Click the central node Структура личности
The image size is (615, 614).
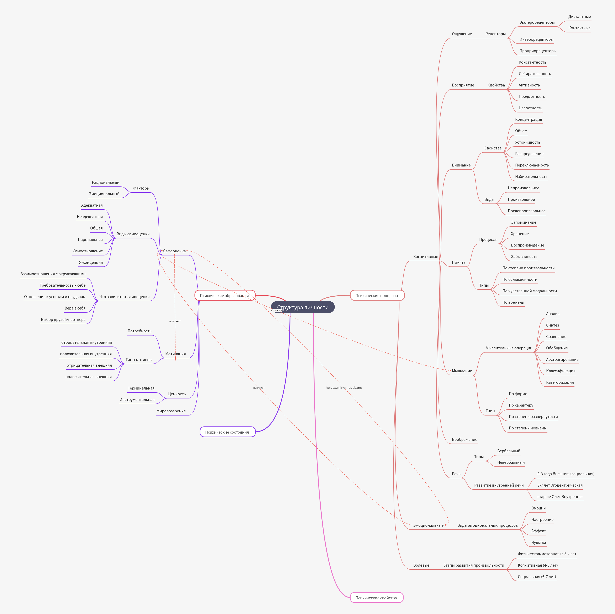point(303,307)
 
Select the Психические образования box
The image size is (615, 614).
point(224,295)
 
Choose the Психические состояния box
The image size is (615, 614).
point(227,432)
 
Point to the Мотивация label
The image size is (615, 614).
point(175,354)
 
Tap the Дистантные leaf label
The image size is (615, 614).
point(579,17)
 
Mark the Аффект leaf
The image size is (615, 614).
point(538,531)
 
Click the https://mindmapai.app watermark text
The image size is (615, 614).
point(344,388)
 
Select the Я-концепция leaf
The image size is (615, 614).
point(91,262)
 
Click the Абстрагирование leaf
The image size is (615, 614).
point(562,359)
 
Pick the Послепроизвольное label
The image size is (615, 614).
point(526,211)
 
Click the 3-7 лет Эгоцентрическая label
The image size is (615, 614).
point(560,485)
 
